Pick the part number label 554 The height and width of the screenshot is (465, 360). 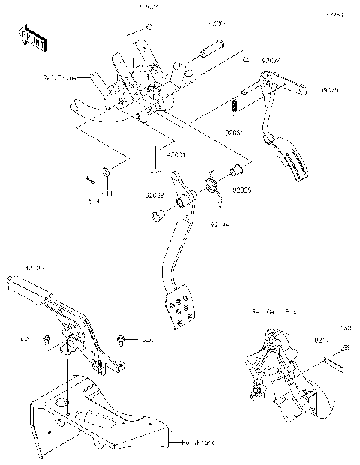coord(94,202)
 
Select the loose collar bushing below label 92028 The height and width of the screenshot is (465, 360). coord(157,217)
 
